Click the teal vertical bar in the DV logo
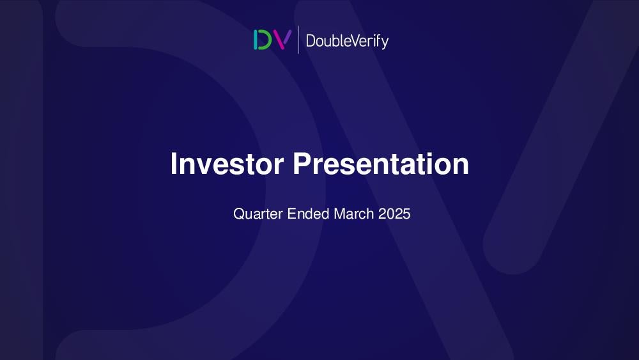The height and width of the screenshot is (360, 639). point(256,40)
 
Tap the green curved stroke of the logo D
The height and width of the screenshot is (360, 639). point(266,40)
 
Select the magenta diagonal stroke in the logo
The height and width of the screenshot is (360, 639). point(277,40)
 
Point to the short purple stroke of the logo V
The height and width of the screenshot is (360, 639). point(288,36)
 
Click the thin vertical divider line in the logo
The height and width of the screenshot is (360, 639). point(298,40)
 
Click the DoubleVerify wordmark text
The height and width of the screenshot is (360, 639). point(347,41)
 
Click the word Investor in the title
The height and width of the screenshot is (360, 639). point(227,164)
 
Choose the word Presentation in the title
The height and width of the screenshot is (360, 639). point(381,164)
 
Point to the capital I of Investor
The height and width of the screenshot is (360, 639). point(174,163)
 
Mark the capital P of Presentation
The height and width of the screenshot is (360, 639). point(302,163)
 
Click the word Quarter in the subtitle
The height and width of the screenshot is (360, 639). point(258,214)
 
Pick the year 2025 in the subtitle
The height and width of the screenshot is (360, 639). point(394,214)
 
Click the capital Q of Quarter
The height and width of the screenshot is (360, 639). point(238,214)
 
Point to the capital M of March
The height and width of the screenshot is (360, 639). point(339,214)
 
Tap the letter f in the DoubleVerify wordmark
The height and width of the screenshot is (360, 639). point(379,40)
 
